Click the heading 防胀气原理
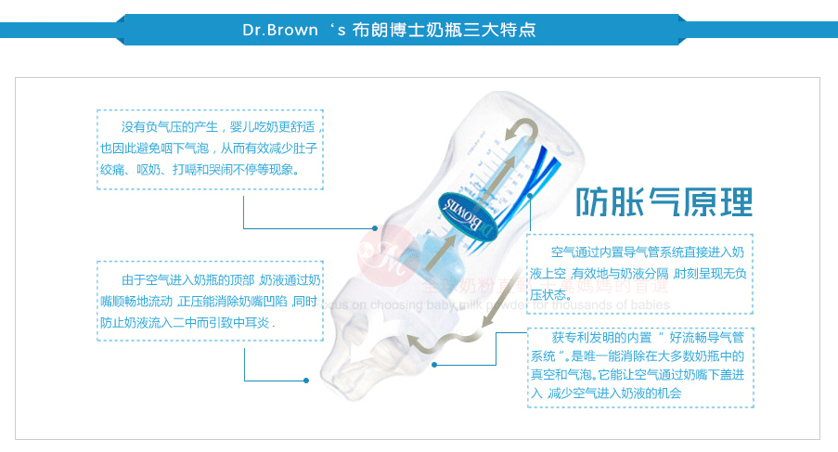pyautogui.click(x=664, y=201)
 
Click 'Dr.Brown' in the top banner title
pyautogui.click(x=282, y=29)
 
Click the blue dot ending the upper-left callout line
pyautogui.click(x=375, y=228)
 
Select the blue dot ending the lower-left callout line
pyautogui.click(x=305, y=380)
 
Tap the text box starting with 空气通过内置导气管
pyautogui.click(x=639, y=273)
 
